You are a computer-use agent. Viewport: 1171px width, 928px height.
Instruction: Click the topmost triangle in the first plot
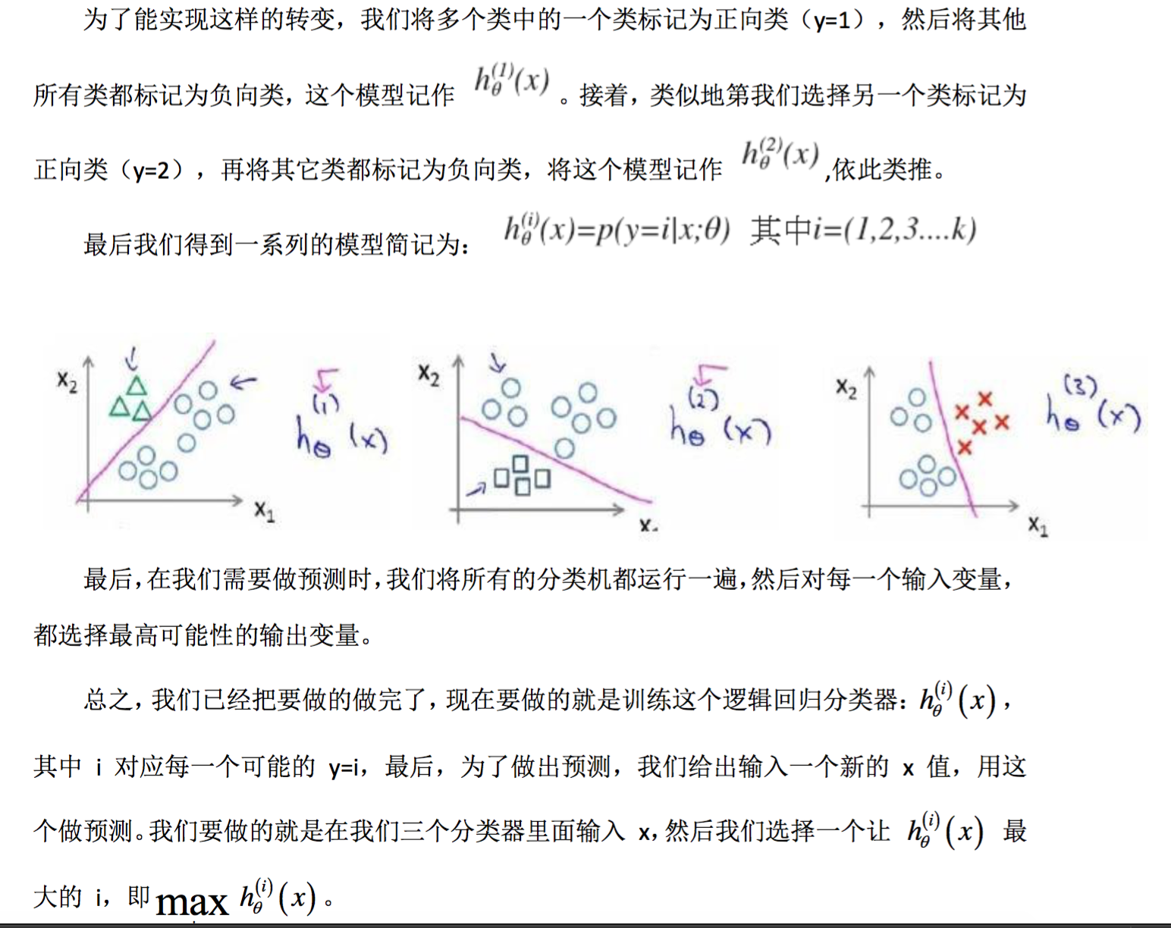[x=137, y=386]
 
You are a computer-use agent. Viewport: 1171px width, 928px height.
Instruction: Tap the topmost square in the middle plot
[x=520, y=464]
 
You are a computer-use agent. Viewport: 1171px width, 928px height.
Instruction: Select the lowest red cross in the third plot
[x=964, y=447]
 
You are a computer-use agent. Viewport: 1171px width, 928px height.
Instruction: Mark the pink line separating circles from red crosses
[x=952, y=440]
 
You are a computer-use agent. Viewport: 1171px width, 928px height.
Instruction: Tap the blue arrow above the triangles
[x=133, y=356]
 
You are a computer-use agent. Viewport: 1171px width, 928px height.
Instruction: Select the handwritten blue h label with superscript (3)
[x=1092, y=409]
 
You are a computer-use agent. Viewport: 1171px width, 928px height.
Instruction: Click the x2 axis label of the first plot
[x=67, y=381]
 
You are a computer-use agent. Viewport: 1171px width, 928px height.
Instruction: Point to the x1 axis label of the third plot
[x=1038, y=525]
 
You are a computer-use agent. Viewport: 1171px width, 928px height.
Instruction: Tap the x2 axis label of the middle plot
[x=429, y=374]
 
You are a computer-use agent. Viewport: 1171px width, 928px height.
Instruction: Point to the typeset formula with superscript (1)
[x=512, y=80]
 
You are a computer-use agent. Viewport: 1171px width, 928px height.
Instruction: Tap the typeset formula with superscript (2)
[x=780, y=154]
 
